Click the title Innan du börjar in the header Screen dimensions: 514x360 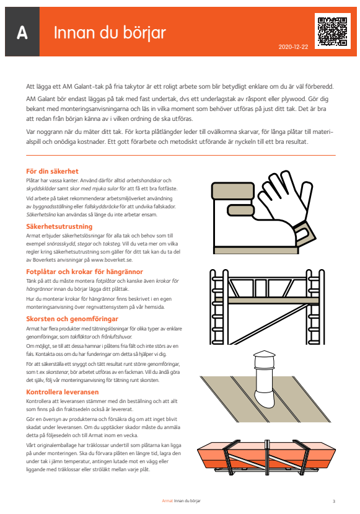(x=108, y=32)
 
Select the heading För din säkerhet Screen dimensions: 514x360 (x=52, y=171)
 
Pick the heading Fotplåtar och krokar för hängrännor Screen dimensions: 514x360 (x=84, y=272)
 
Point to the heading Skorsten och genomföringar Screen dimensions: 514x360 (x=71, y=318)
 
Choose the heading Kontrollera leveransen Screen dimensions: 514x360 (x=62, y=392)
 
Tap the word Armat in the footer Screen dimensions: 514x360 (x=166, y=500)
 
